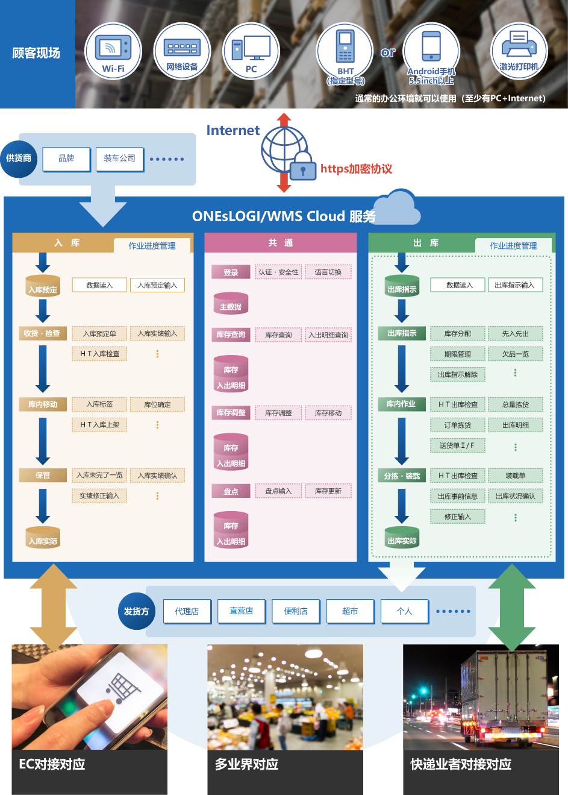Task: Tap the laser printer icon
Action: pyautogui.click(x=519, y=43)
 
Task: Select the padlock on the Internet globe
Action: pyautogui.click(x=303, y=166)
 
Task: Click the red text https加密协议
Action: pyautogui.click(x=356, y=169)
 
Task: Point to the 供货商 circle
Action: pyautogui.click(x=19, y=159)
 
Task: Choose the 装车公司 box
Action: pyautogui.click(x=119, y=159)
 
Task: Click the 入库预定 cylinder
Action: pyautogui.click(x=43, y=286)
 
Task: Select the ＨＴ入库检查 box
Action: pyautogui.click(x=99, y=354)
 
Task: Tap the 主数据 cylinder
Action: pyautogui.click(x=231, y=303)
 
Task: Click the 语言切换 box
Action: pyautogui.click(x=328, y=272)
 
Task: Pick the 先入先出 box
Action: pyautogui.click(x=516, y=334)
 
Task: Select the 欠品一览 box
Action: pyautogui.click(x=516, y=354)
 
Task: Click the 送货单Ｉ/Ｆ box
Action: pyautogui.click(x=457, y=446)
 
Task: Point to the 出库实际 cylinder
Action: pyautogui.click(x=402, y=538)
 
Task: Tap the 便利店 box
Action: pyautogui.click(x=296, y=611)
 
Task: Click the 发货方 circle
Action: pyautogui.click(x=137, y=611)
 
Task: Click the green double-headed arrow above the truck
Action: pyautogui.click(x=511, y=608)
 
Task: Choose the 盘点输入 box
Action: pyautogui.click(x=278, y=491)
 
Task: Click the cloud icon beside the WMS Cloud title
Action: pyautogui.click(x=397, y=207)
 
